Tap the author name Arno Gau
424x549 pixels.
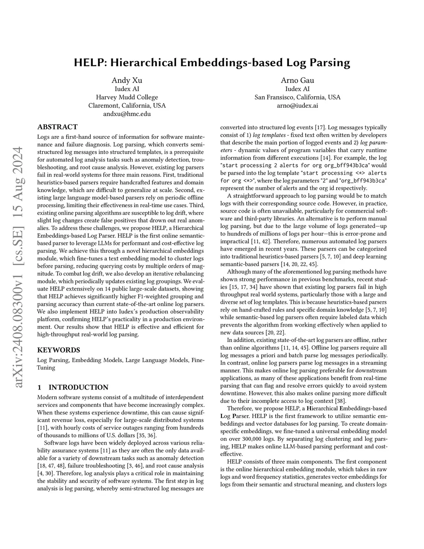click(297, 80)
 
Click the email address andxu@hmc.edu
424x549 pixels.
click(127, 114)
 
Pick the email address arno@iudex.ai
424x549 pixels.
click(297, 106)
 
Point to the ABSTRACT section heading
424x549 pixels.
click(57, 127)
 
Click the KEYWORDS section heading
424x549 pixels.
click(58, 350)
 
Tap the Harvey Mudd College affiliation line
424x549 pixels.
click(127, 97)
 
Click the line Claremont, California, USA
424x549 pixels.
click(127, 106)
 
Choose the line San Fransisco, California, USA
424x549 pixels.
click(297, 97)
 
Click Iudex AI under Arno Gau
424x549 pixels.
click(297, 89)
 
